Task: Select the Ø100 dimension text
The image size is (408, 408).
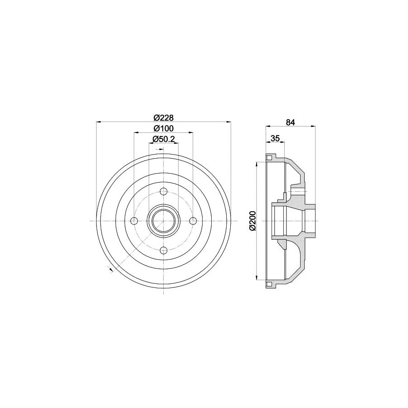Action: [163, 128]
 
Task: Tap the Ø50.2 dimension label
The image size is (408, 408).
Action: [164, 139]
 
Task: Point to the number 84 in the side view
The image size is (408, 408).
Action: [291, 121]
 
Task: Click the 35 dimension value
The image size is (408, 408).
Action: [275, 138]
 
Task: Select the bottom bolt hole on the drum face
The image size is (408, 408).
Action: [164, 250]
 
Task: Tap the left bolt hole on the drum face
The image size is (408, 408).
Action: [134, 221]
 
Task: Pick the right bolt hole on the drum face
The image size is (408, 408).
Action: [193, 221]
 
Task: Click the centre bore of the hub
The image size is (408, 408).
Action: [164, 221]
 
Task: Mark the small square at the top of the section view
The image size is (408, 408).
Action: [269, 158]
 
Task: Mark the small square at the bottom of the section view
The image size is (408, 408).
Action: [269, 284]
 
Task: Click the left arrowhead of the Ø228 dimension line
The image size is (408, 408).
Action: [99, 121]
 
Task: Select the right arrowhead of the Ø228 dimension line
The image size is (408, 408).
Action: [228, 121]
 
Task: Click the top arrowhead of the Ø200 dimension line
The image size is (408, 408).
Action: [258, 164]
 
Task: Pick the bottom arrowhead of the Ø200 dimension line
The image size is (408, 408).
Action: [258, 278]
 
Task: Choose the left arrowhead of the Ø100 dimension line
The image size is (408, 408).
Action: [136, 132]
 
